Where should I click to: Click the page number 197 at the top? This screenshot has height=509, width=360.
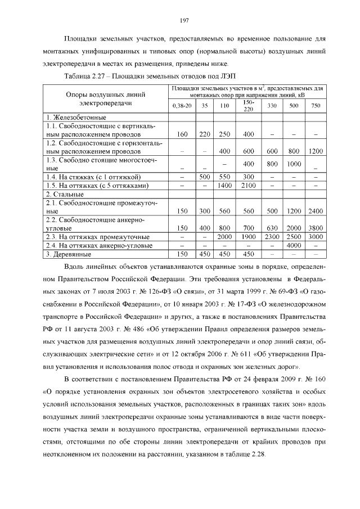point(183,20)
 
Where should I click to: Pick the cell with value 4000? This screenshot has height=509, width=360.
point(294,245)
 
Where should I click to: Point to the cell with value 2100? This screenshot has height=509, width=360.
point(248,185)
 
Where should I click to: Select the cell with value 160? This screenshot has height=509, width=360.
point(182,134)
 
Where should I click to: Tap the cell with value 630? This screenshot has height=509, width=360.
point(272,228)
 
